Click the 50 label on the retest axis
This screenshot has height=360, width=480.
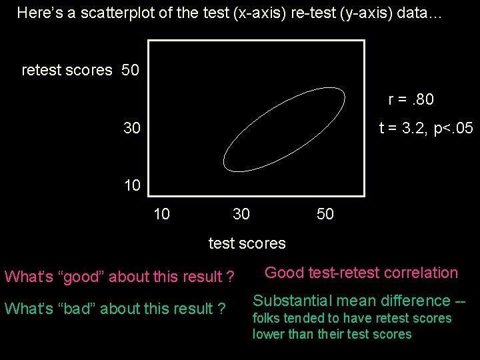(x=131, y=70)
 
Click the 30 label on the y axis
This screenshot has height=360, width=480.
(x=132, y=127)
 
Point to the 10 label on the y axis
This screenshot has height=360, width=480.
(x=132, y=185)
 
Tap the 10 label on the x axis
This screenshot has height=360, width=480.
(x=161, y=214)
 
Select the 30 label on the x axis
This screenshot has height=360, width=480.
(x=241, y=214)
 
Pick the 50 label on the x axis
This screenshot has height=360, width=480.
(x=325, y=214)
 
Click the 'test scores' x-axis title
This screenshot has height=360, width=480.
(x=247, y=243)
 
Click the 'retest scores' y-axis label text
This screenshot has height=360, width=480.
(x=67, y=70)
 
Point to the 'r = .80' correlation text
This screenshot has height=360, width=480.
(x=411, y=100)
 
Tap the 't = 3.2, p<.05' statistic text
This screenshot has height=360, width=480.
(x=426, y=128)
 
